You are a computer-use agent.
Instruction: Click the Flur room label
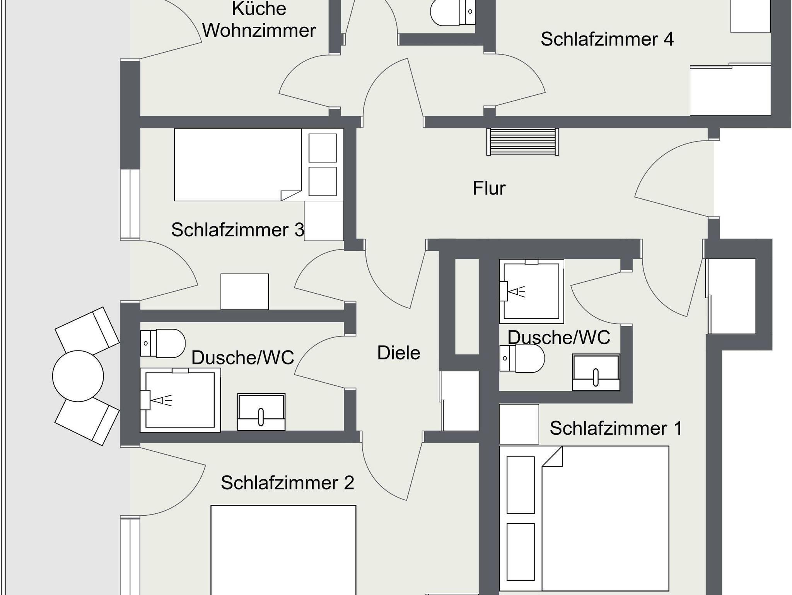tap(489, 188)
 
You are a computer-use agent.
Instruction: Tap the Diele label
tap(399, 353)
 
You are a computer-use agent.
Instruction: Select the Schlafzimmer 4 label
tap(607, 39)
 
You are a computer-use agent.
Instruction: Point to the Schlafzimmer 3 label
tap(238, 230)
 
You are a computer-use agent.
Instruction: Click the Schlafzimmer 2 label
tap(287, 483)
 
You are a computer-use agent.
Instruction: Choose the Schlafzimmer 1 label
tap(616, 428)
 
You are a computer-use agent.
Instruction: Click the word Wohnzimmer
tap(259, 30)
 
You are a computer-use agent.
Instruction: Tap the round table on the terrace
tap(78, 376)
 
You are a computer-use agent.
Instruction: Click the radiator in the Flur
tap(522, 142)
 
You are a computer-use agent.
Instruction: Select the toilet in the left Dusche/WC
tap(163, 343)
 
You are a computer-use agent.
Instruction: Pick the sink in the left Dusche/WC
tap(261, 412)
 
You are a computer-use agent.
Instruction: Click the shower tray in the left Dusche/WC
tap(180, 400)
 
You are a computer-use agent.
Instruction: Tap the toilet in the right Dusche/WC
tap(522, 359)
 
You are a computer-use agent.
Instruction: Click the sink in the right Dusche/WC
tap(596, 372)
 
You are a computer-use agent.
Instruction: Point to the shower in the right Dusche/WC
tap(532, 291)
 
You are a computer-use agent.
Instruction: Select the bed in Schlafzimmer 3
tap(238, 165)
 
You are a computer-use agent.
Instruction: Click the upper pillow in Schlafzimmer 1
tap(521, 485)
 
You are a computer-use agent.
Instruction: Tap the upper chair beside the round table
tap(87, 330)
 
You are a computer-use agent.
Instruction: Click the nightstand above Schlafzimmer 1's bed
tap(519, 424)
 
